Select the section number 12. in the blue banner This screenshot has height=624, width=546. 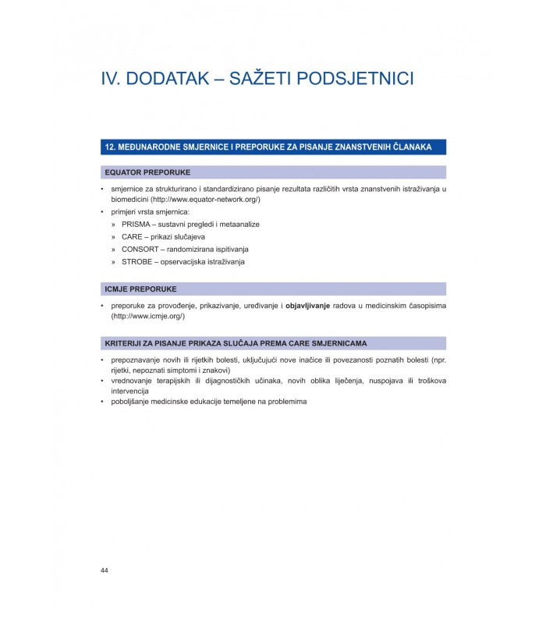click(x=111, y=147)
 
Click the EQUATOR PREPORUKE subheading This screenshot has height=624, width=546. click(x=147, y=172)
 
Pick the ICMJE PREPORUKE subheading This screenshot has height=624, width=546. click(x=140, y=288)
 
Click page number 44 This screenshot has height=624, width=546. click(x=105, y=570)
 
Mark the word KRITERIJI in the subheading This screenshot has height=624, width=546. click(x=124, y=342)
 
